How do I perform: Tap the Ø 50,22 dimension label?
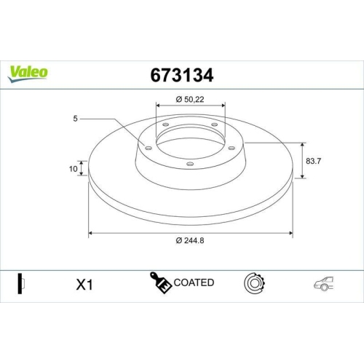191,99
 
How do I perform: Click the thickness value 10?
73,169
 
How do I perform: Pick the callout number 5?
74,117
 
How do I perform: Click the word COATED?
194,282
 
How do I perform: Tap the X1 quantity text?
86,285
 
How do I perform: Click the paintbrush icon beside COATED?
162,282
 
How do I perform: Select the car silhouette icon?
324,284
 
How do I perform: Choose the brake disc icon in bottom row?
256,282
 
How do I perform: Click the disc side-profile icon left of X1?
20,283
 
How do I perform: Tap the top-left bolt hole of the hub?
165,125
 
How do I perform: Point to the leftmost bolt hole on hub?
149,148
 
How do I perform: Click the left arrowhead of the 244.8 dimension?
91,233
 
